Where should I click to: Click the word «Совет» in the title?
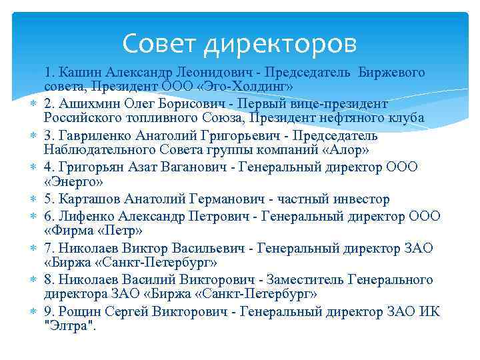click(161, 44)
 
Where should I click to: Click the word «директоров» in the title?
click(281, 45)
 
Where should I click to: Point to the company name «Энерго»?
click(72, 183)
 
